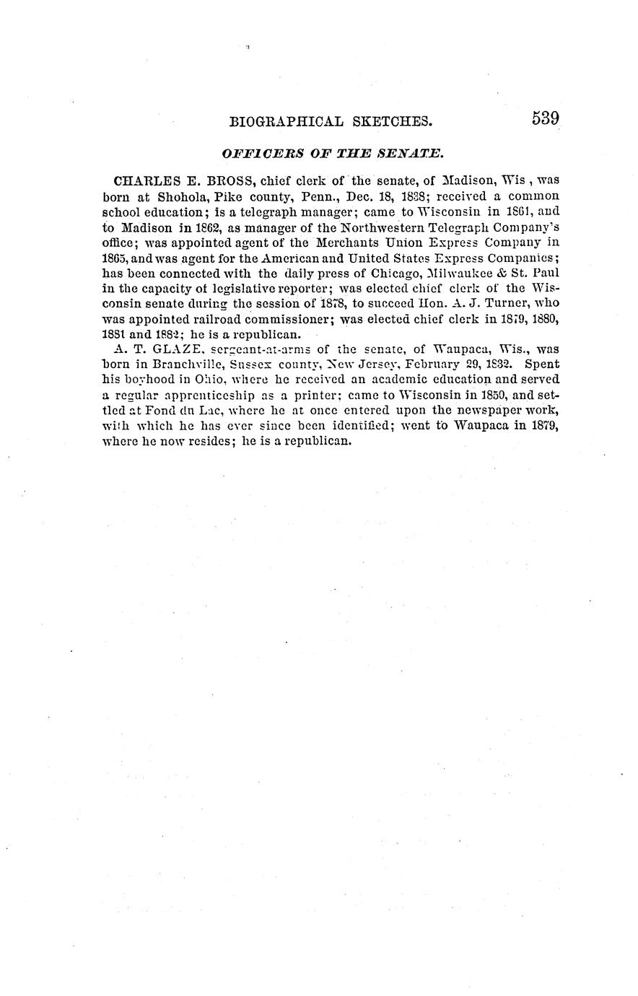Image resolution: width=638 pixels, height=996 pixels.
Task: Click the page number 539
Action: pyautogui.click(x=546, y=118)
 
